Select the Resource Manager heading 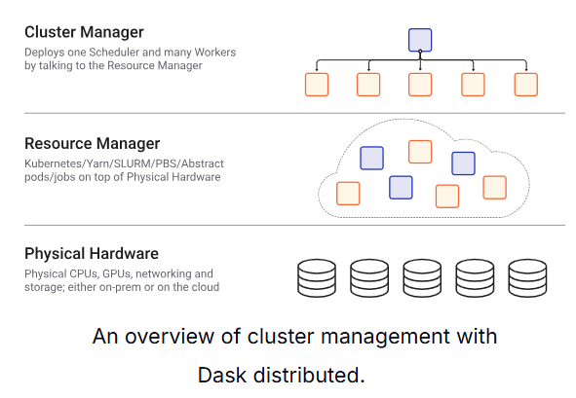tap(92, 143)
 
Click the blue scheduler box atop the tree tap(420, 40)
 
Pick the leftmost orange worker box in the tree tap(316, 85)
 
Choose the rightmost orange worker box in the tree tap(526, 85)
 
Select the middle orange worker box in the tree tap(420, 85)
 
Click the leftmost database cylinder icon tap(316, 277)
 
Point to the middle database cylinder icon tap(421, 277)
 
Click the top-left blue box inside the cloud tap(371, 158)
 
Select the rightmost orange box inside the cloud tap(494, 187)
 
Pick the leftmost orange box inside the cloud tap(348, 193)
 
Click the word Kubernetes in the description tap(55, 163)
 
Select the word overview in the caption tap(170, 337)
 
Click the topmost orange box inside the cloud tap(420, 151)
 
